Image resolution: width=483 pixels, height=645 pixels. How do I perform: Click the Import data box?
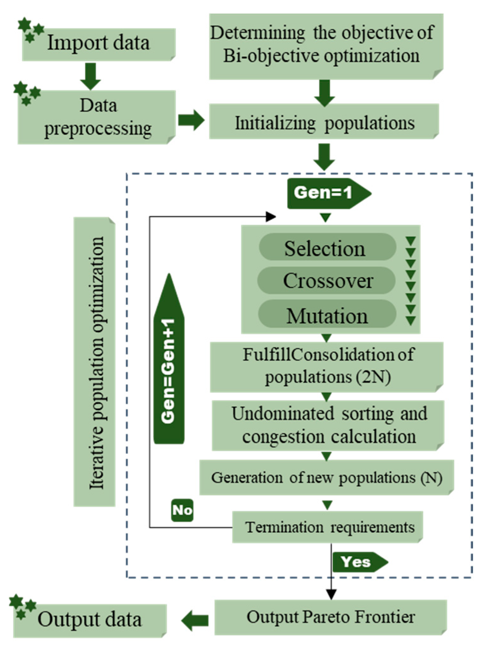tap(98, 44)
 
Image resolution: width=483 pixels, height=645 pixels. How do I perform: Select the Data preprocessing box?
tap(97, 117)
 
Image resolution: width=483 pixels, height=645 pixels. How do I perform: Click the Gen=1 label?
tap(326, 193)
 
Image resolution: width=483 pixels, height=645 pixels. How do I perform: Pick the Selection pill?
tap(326, 248)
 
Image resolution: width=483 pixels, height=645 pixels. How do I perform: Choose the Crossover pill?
tap(326, 281)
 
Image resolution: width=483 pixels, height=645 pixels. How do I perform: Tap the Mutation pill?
tap(326, 315)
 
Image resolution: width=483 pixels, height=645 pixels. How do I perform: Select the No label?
tap(182, 510)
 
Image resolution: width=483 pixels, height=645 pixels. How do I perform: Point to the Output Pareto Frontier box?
tap(331, 617)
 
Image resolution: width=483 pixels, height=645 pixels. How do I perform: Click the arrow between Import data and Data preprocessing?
tap(91, 76)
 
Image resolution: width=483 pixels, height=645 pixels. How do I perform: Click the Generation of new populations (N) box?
tap(326, 477)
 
